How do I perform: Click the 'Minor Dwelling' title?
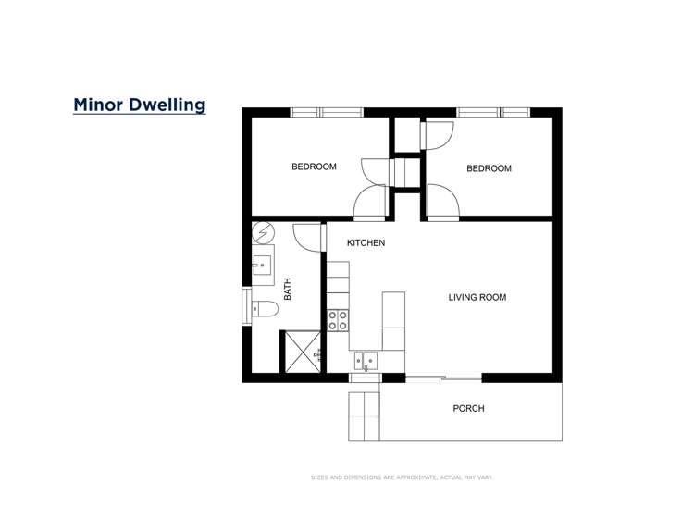[139, 105]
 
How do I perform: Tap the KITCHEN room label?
[366, 243]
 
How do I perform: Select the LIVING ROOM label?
[477, 298]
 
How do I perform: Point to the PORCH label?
[468, 408]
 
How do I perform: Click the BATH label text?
[288, 290]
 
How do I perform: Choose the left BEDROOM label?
[314, 167]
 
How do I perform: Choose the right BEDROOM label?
[489, 168]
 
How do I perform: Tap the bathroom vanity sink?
[262, 266]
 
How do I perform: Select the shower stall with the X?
[302, 352]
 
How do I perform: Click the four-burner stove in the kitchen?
[338, 320]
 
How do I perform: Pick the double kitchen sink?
[366, 360]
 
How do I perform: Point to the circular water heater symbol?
[262, 231]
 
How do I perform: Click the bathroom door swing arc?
[305, 235]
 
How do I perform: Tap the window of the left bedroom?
[327, 112]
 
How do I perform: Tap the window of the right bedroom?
[493, 112]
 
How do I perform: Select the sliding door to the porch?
[444, 377]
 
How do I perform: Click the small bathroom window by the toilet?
[247, 306]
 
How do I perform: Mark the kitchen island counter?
[393, 320]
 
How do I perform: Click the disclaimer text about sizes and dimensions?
[402, 477]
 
